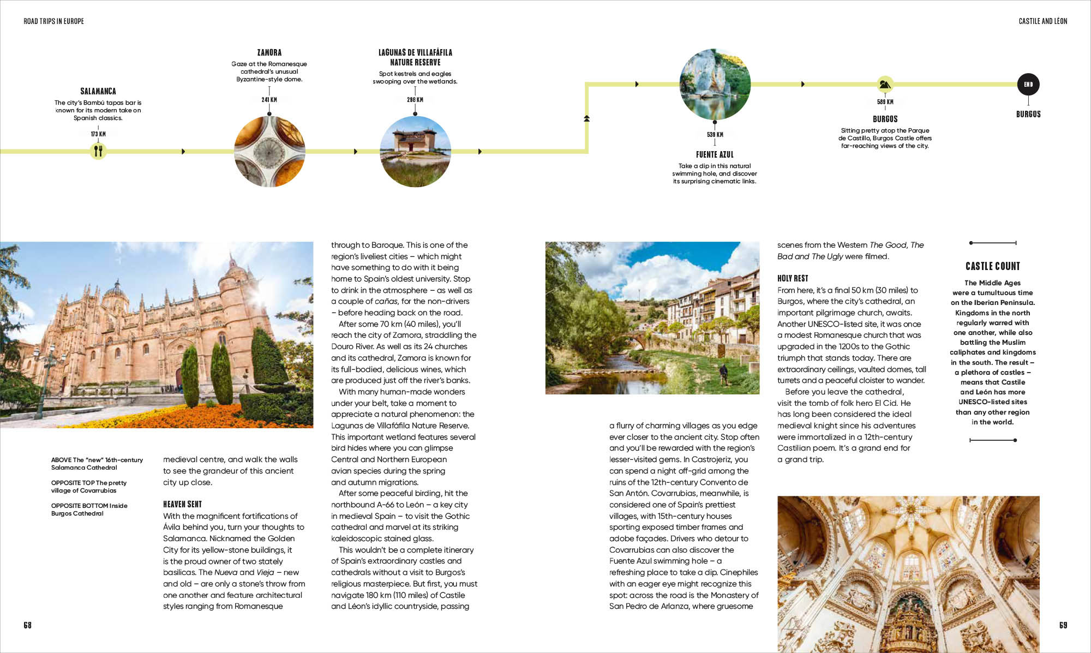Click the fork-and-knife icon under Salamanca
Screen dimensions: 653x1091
coord(98,151)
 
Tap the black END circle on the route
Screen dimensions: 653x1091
coord(1028,84)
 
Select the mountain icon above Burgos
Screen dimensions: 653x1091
coord(885,84)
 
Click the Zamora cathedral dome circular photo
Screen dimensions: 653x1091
coord(269,151)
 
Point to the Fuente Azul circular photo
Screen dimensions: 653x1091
coord(715,84)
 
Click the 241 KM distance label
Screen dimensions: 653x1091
coord(269,100)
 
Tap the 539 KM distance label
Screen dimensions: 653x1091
coord(715,135)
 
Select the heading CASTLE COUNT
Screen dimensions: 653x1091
coord(992,266)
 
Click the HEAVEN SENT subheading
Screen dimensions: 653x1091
coord(182,504)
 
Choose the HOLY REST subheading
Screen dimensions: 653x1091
coord(793,278)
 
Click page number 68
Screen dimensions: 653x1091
coord(27,625)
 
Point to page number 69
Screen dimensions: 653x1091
coord(1063,625)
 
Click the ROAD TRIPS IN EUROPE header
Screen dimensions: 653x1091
coord(53,21)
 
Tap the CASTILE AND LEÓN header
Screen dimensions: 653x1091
coord(1042,21)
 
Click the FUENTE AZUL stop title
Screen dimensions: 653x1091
coord(715,154)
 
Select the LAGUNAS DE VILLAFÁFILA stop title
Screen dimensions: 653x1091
coord(415,57)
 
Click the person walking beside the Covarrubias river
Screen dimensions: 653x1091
coord(723,373)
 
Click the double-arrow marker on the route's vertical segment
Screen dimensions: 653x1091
coord(586,118)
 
